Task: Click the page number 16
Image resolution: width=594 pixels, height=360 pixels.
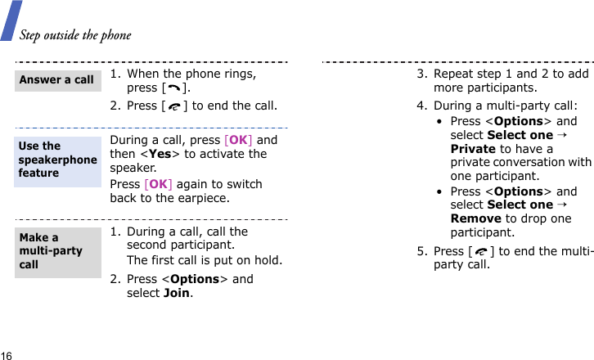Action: click(7, 355)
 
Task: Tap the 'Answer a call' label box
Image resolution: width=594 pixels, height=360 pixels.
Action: click(57, 80)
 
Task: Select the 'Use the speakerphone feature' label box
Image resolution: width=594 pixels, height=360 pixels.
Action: click(57, 160)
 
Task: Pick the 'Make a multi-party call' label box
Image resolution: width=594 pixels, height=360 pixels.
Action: click(57, 251)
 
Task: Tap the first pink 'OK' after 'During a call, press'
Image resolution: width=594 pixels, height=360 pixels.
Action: click(238, 140)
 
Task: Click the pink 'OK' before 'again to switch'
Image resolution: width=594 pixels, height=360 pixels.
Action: click(159, 184)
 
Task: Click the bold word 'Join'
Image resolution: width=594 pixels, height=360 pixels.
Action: click(177, 293)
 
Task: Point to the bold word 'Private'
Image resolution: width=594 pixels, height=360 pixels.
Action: click(473, 149)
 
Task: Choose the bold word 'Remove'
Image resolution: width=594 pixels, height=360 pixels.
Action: click(476, 218)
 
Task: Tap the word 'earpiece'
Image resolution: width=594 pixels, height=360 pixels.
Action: click(205, 198)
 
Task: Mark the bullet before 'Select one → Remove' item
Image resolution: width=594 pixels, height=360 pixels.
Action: click(441, 191)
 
